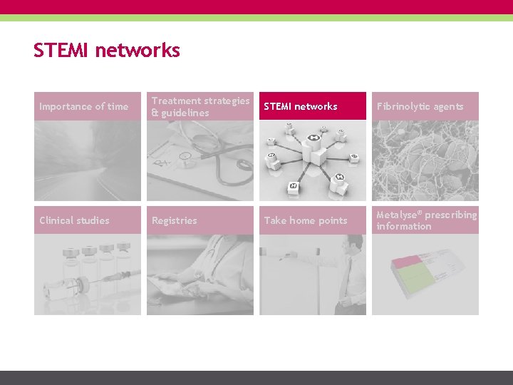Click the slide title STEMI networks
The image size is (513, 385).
[106, 51]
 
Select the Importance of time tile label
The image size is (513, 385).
[84, 107]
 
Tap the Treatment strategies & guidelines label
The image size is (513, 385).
[200, 107]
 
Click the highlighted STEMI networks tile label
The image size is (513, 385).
[301, 107]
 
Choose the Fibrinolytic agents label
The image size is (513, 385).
[420, 107]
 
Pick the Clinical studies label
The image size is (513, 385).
[74, 220]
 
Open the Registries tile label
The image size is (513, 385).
[175, 221]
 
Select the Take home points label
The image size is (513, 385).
[305, 221]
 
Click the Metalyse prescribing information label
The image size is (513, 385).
[425, 220]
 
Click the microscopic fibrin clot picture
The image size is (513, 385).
[425, 160]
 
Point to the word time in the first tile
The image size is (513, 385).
[118, 107]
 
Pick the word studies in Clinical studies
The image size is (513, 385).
[93, 220]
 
